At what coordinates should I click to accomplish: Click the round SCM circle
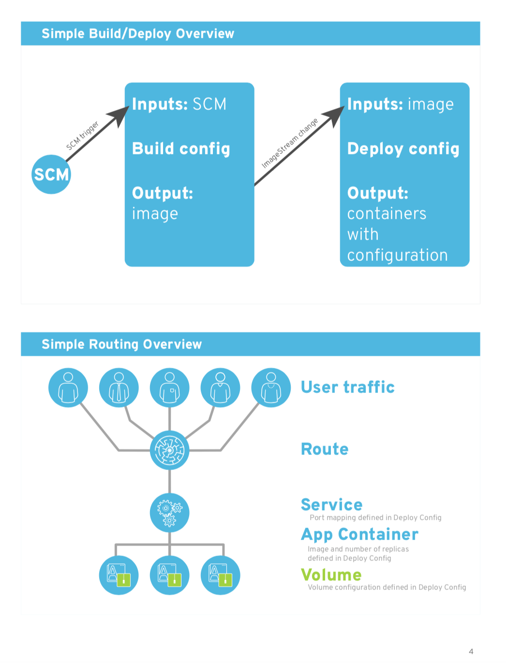click(51, 174)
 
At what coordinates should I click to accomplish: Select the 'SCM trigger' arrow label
click(82, 136)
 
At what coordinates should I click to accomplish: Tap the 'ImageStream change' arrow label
click(290, 143)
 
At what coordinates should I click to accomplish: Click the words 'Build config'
click(181, 149)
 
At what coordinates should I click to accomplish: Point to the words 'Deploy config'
click(403, 149)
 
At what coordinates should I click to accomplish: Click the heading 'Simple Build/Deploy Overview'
click(138, 34)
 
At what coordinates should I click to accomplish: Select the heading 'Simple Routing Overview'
click(121, 345)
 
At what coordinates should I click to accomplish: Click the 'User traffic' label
click(347, 387)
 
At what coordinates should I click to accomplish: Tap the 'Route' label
click(325, 449)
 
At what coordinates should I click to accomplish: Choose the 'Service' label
click(331, 505)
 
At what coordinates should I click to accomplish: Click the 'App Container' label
click(359, 534)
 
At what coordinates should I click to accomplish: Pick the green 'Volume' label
click(331, 575)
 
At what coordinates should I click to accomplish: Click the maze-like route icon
click(169, 450)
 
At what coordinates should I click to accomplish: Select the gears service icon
click(169, 512)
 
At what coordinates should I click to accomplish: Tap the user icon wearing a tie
click(119, 388)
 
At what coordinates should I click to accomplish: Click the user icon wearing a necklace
click(271, 388)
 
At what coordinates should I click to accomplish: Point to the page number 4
click(471, 651)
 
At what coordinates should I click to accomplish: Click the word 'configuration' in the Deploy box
click(397, 255)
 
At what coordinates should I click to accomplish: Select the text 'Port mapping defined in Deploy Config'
click(375, 518)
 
